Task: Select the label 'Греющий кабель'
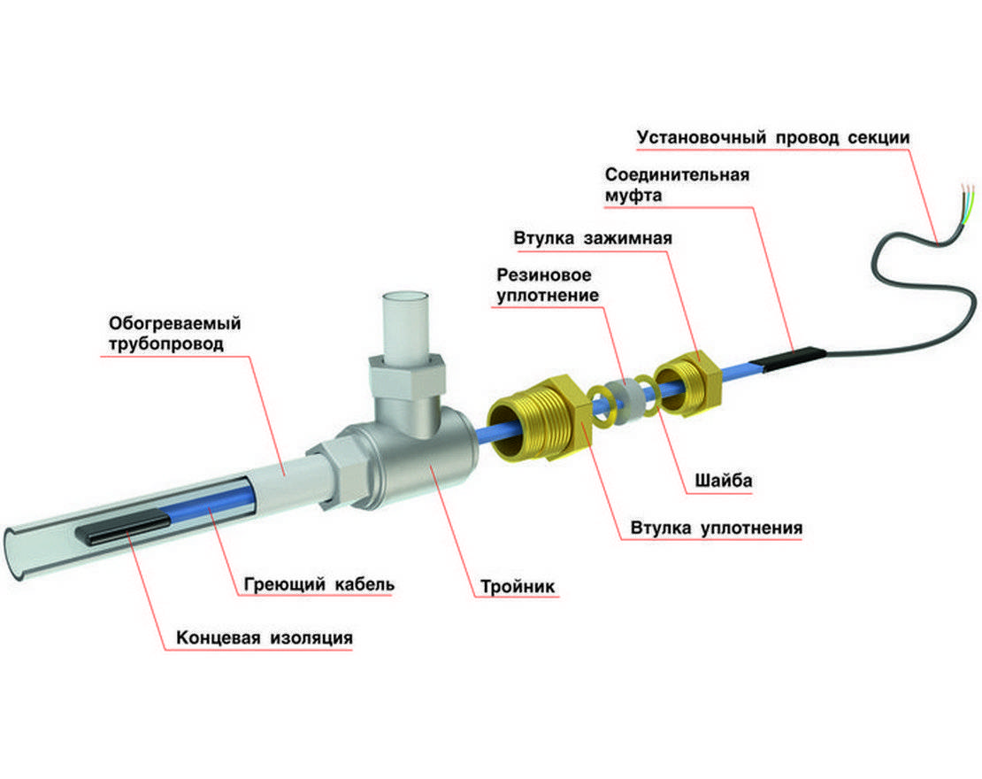coord(318,585)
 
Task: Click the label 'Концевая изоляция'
coord(265,638)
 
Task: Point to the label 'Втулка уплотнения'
coord(716,528)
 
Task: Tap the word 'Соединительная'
coord(677,174)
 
